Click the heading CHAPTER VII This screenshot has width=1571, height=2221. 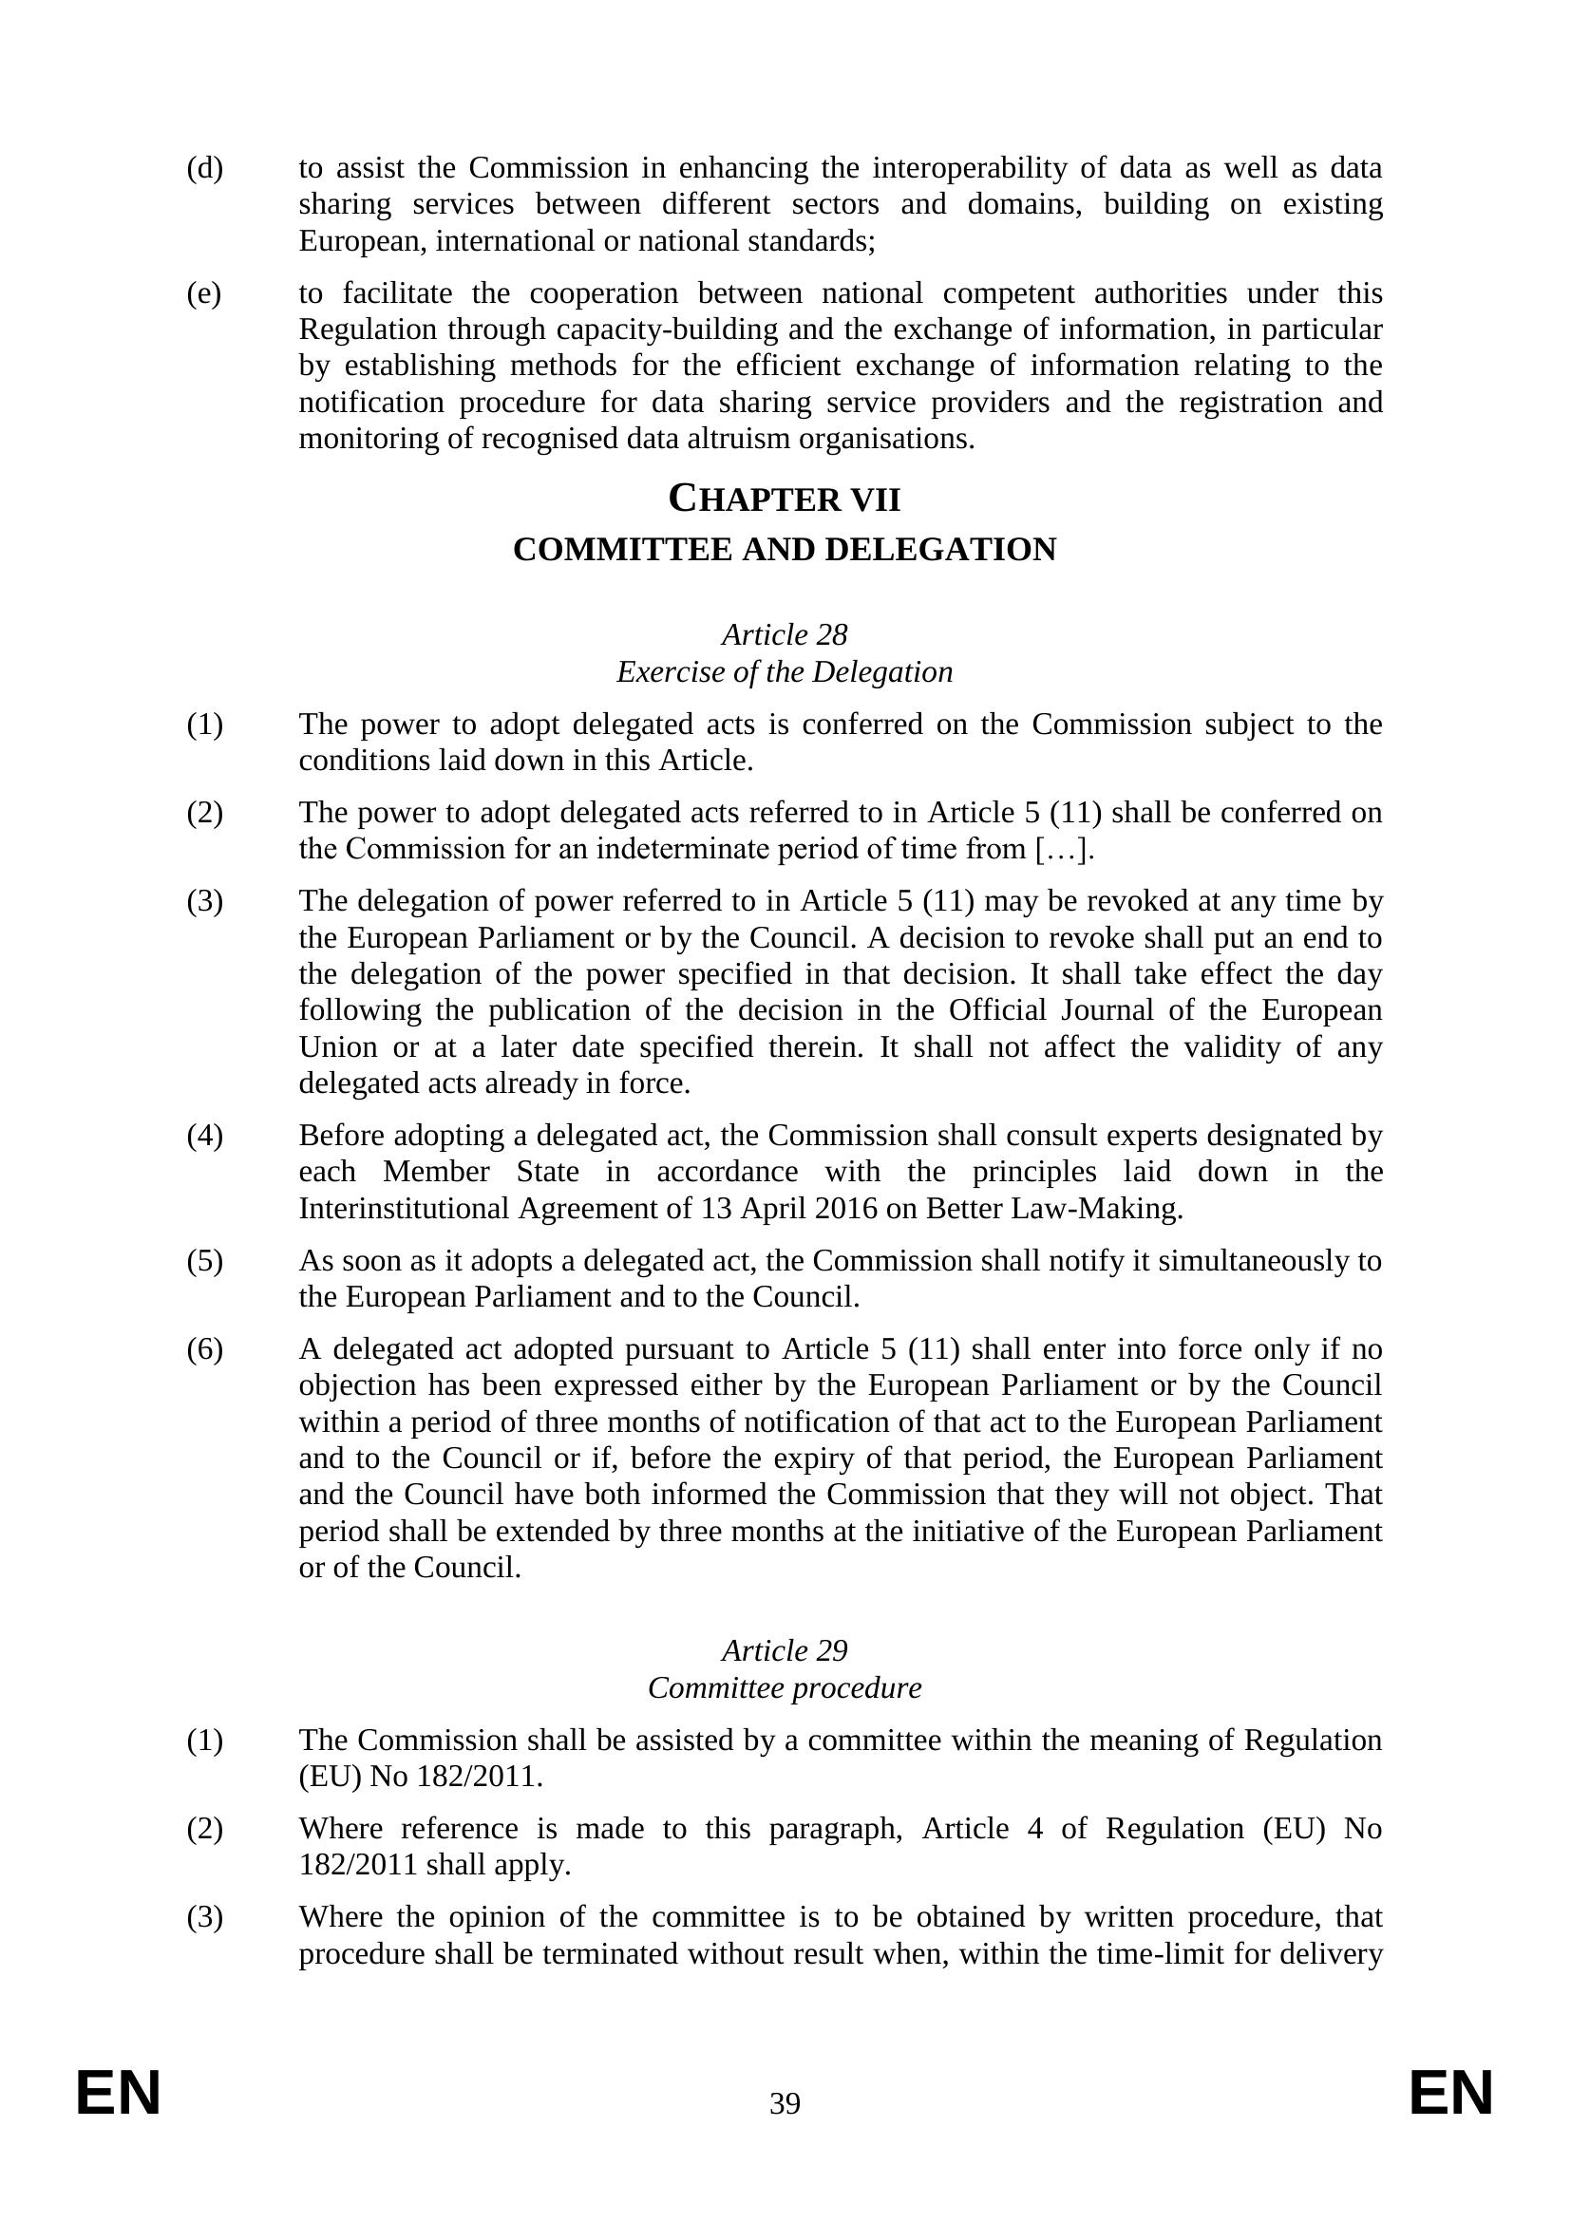785,500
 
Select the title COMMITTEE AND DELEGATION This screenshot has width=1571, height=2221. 785,550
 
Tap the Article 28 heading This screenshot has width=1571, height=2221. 785,634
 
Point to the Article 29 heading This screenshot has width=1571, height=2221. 785,1650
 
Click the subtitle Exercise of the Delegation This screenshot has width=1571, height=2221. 785,671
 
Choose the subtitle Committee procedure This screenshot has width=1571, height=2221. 785,1687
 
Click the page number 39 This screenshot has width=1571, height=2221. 785,2103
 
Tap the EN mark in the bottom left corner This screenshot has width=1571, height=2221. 118,2095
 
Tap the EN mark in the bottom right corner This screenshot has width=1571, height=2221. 1451,2095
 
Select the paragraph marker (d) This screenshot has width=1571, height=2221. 204,168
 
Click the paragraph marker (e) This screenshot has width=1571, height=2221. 203,293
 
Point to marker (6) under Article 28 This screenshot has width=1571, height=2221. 204,1348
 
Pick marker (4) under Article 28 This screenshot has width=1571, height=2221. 204,1135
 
